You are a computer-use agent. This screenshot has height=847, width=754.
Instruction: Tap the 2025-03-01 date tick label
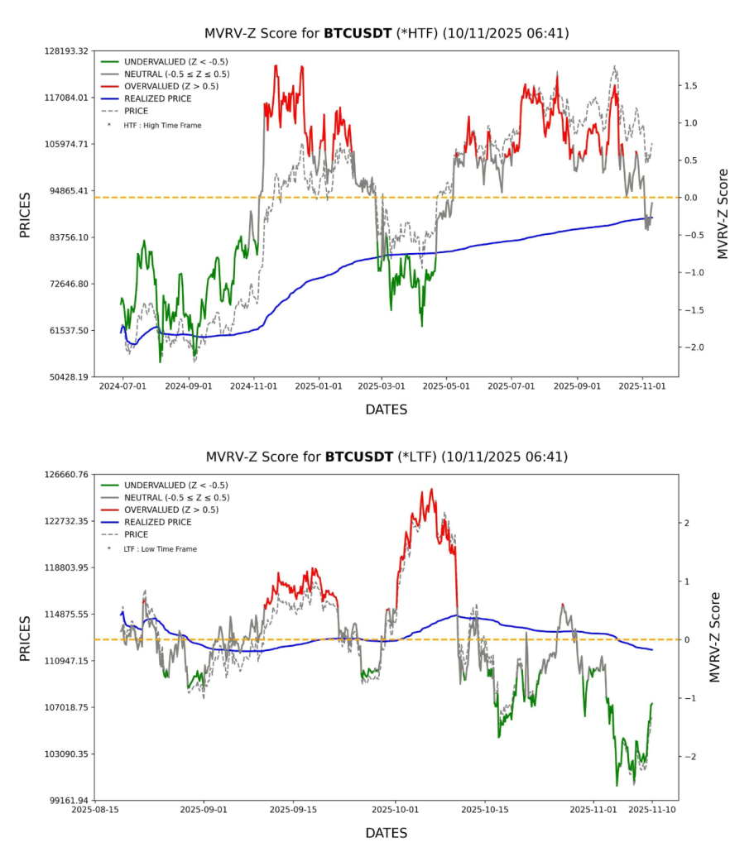coord(382,385)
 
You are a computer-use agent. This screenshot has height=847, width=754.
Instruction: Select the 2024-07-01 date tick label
coord(122,385)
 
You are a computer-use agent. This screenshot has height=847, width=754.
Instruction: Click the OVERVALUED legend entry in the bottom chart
coord(171,510)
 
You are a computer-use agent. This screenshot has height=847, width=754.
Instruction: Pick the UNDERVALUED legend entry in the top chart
coord(175,61)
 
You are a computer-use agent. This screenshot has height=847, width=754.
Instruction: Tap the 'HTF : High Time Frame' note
coord(162,125)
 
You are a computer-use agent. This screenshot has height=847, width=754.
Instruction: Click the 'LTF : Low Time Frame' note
coord(161,548)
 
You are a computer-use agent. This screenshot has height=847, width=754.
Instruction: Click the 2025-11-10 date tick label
coord(652,809)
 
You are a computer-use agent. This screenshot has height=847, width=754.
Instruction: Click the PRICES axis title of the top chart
coord(25,215)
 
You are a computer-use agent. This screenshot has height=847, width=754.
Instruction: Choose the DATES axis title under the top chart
coord(386,409)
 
